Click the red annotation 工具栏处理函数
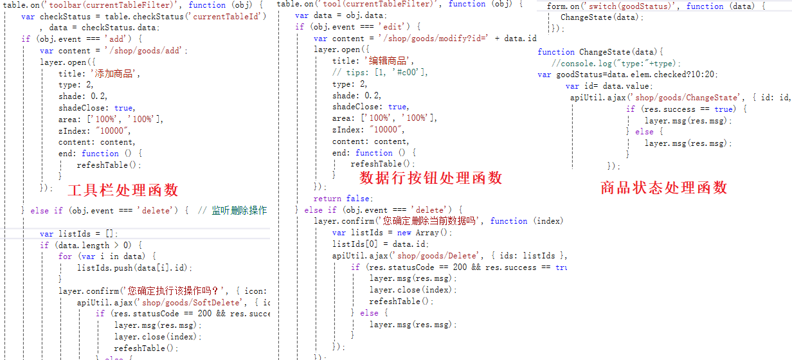pos(123,190)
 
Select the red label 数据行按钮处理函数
pos(431,177)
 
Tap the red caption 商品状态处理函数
pos(663,187)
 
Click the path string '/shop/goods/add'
pos(140,51)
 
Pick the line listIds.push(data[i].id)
pos(134,268)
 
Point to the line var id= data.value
pos(609,86)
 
